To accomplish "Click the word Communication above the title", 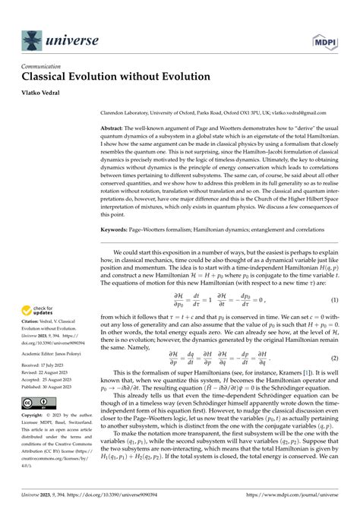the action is click(39, 67).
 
